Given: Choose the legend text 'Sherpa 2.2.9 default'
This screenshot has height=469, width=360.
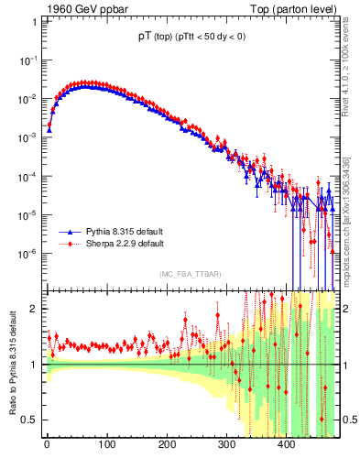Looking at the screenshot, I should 125,245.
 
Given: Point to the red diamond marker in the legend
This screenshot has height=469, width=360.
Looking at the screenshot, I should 67,245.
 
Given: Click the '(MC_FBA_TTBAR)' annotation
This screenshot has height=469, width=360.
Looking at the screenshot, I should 189,275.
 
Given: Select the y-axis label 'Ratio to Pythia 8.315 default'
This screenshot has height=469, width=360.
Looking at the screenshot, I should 10,364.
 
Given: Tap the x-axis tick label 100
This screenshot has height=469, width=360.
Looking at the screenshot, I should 106,446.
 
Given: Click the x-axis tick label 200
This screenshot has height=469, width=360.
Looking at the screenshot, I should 167,446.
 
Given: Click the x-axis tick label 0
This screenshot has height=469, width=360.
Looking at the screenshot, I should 47,446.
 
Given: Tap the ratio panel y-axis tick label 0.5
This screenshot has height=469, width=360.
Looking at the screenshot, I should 29,420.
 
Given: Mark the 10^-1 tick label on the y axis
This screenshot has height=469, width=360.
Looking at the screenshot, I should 27,60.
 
